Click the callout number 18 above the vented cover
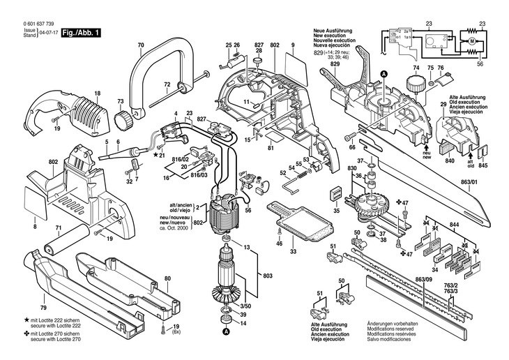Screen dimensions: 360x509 [97, 93]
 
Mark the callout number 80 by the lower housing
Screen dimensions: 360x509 [167, 278]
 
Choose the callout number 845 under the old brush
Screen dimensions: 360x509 [483, 166]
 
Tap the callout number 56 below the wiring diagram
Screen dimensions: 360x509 [480, 63]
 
